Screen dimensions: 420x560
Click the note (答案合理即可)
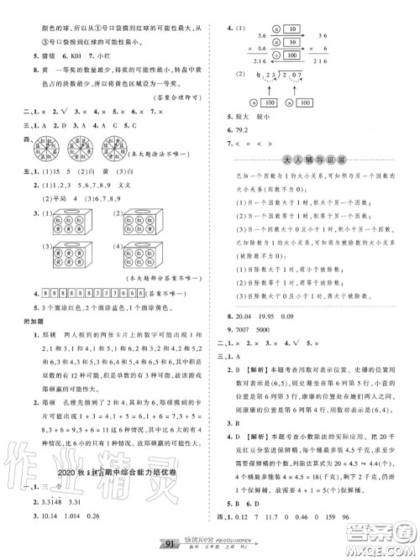(x=176, y=98)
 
